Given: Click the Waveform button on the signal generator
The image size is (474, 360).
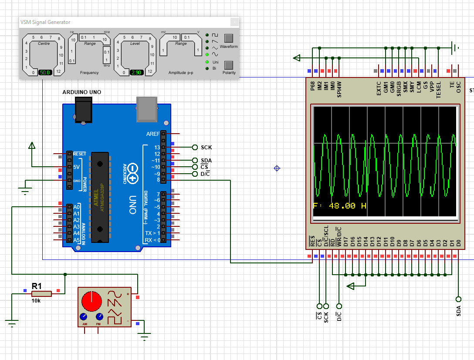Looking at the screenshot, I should (229, 38).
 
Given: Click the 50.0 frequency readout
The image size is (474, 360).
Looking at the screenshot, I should (45, 73).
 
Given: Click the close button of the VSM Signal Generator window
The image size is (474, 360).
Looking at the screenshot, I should (234, 22).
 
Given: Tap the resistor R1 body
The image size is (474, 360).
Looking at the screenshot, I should (41, 294).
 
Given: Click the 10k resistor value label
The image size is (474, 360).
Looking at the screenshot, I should (36, 301).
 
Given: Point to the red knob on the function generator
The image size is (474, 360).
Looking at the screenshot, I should (91, 300).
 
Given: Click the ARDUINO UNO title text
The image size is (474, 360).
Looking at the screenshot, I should (82, 92).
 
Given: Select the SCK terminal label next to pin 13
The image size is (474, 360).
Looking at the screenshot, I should (207, 148).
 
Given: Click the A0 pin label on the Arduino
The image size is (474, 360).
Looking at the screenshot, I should (77, 207).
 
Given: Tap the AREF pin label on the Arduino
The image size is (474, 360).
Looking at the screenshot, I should (153, 134).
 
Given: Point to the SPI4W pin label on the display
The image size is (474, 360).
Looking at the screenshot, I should (339, 89).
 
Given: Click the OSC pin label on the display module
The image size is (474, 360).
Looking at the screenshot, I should (458, 89).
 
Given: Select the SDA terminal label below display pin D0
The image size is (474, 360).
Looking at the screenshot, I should (459, 311).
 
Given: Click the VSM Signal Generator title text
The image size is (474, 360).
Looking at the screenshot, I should (45, 22).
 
